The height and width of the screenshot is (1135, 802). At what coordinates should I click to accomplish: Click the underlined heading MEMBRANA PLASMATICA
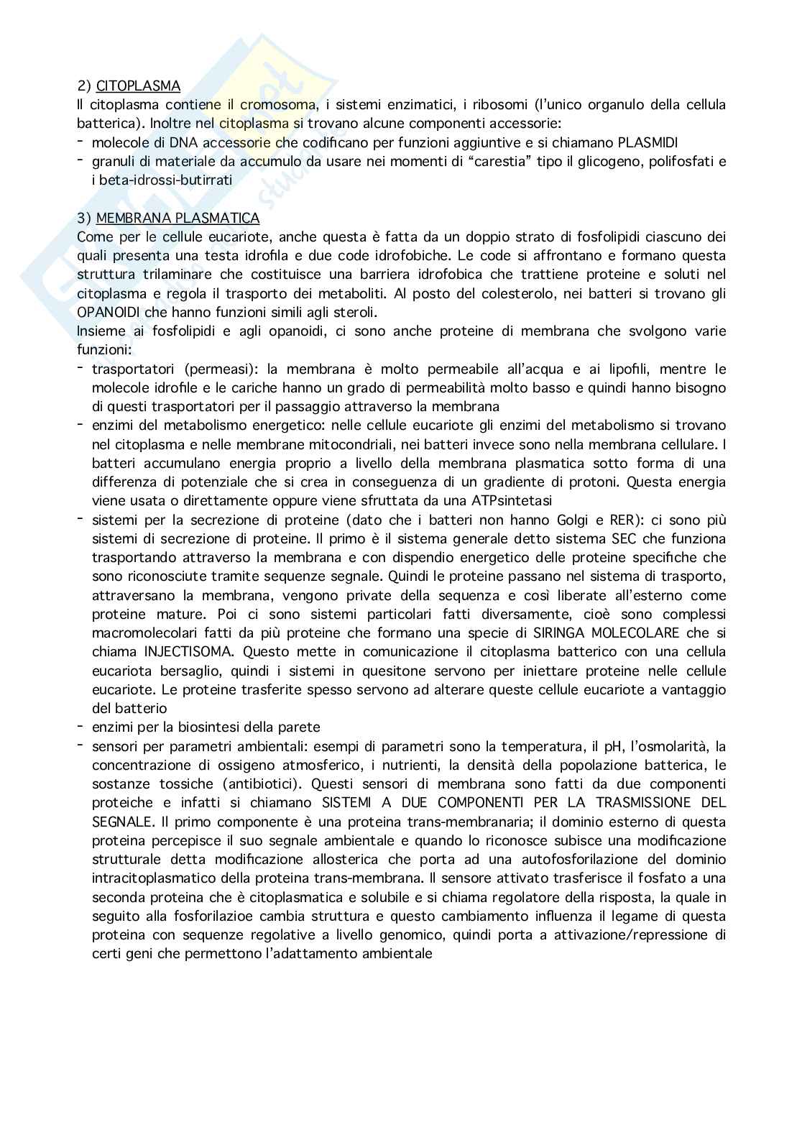178,218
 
